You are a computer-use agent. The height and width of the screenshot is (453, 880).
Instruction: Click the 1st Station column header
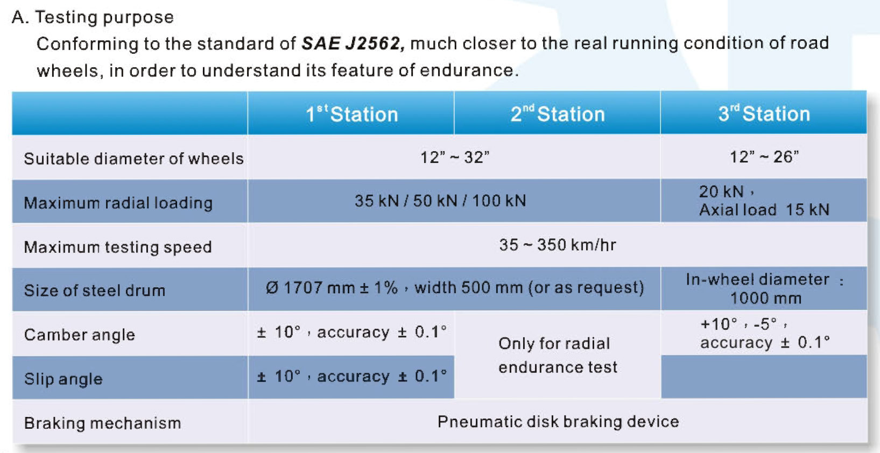click(351, 114)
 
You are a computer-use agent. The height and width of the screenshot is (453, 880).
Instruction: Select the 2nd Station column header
click(558, 114)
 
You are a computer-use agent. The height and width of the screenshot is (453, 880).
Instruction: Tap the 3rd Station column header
click(764, 114)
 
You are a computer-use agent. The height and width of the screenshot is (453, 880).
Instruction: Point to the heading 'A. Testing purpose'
click(93, 18)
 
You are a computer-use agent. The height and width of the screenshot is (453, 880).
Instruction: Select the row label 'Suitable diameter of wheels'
click(133, 159)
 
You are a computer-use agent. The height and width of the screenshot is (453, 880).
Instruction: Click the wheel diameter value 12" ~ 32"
click(455, 158)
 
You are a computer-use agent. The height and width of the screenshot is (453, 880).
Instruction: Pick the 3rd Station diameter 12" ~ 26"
click(764, 157)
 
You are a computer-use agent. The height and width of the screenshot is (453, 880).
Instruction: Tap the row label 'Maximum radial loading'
click(118, 203)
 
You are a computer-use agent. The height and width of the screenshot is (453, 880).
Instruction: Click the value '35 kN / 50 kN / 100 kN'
click(440, 201)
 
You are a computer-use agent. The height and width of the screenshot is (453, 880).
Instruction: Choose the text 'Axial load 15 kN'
click(764, 210)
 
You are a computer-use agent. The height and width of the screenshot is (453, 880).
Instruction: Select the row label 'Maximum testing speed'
click(118, 247)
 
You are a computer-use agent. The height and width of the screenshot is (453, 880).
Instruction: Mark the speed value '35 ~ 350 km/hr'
click(558, 245)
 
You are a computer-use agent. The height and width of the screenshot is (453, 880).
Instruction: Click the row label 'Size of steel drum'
click(95, 291)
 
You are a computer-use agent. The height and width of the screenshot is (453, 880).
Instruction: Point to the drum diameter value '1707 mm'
click(311, 288)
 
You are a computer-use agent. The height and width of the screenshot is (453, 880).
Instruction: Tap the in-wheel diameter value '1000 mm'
click(766, 299)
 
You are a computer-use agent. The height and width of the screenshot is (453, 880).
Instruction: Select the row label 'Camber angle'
click(79, 335)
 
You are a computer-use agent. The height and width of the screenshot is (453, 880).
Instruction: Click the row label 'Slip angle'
click(64, 379)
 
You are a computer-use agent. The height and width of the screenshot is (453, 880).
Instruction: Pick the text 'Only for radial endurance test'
click(558, 355)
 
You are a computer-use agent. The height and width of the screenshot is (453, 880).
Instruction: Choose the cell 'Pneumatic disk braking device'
click(558, 422)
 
